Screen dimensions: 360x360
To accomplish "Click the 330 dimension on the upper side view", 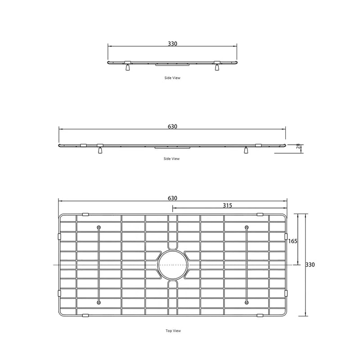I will coord(172,44).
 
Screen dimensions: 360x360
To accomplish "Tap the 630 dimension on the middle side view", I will coord(172,127).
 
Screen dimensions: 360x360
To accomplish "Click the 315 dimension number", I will coord(227,205).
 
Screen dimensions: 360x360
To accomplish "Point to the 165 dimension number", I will coord(292,241).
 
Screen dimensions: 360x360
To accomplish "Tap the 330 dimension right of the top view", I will coord(310,265).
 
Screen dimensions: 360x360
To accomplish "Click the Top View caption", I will coord(173,331).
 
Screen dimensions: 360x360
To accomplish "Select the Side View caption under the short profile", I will coord(172,78).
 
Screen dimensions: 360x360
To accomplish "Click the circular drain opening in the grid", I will coord(172,265).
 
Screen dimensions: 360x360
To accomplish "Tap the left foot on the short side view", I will coord(128,68).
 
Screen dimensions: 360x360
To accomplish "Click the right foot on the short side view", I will coord(217,68).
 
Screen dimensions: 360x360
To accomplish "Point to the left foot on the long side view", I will coord(100,151).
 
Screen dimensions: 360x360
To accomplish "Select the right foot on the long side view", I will coord(246,151).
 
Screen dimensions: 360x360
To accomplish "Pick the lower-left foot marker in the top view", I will coord(99,302).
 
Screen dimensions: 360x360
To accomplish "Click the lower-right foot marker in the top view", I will coord(247,302).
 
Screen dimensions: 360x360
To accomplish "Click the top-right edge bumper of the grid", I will coord(260,214).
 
